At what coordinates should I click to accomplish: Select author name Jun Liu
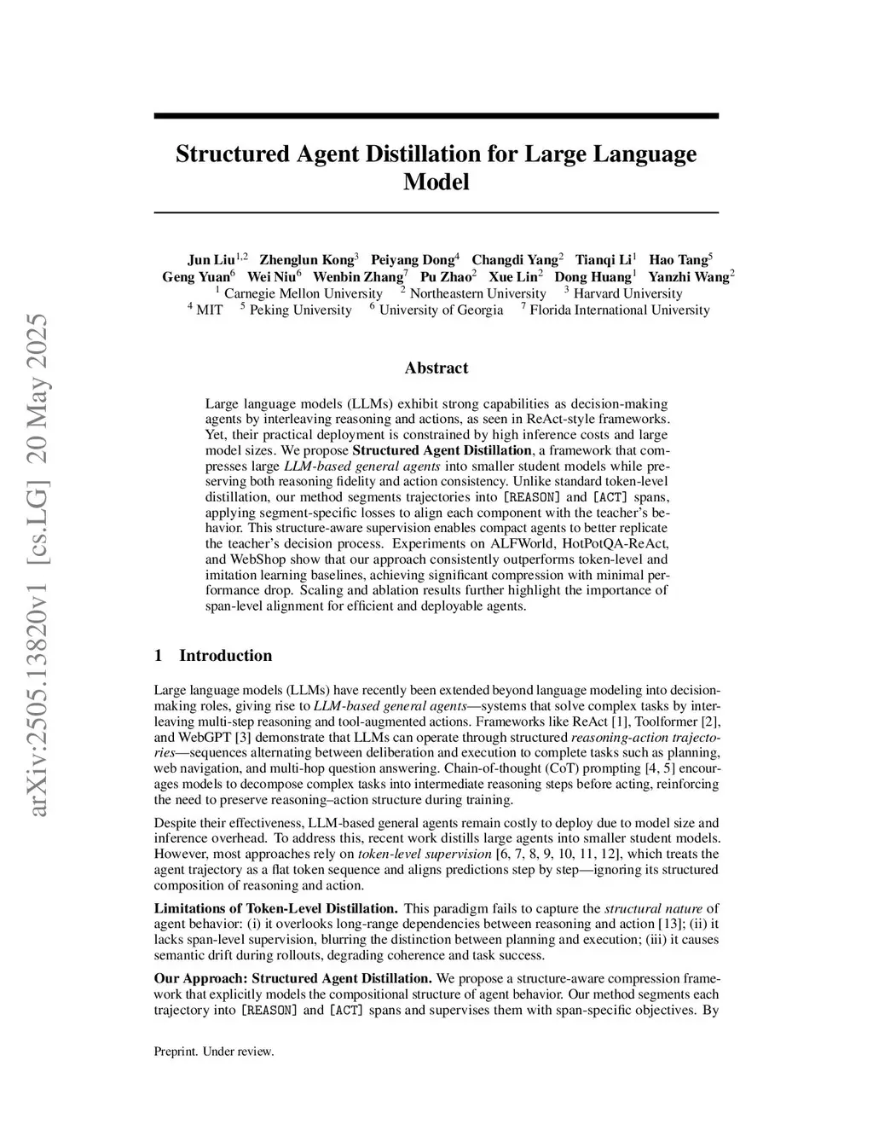point(211,259)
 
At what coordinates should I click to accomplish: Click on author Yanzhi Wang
point(689,276)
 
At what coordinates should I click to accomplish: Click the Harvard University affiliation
point(627,293)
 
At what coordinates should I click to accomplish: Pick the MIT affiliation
point(209,310)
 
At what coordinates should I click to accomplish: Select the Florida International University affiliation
point(620,310)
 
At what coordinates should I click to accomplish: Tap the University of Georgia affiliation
point(441,310)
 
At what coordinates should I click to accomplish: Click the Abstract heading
point(436,368)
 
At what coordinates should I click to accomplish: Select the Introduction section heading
point(225,656)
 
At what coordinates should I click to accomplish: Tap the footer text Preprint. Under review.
point(214,1052)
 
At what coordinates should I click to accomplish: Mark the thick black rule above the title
point(436,116)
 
